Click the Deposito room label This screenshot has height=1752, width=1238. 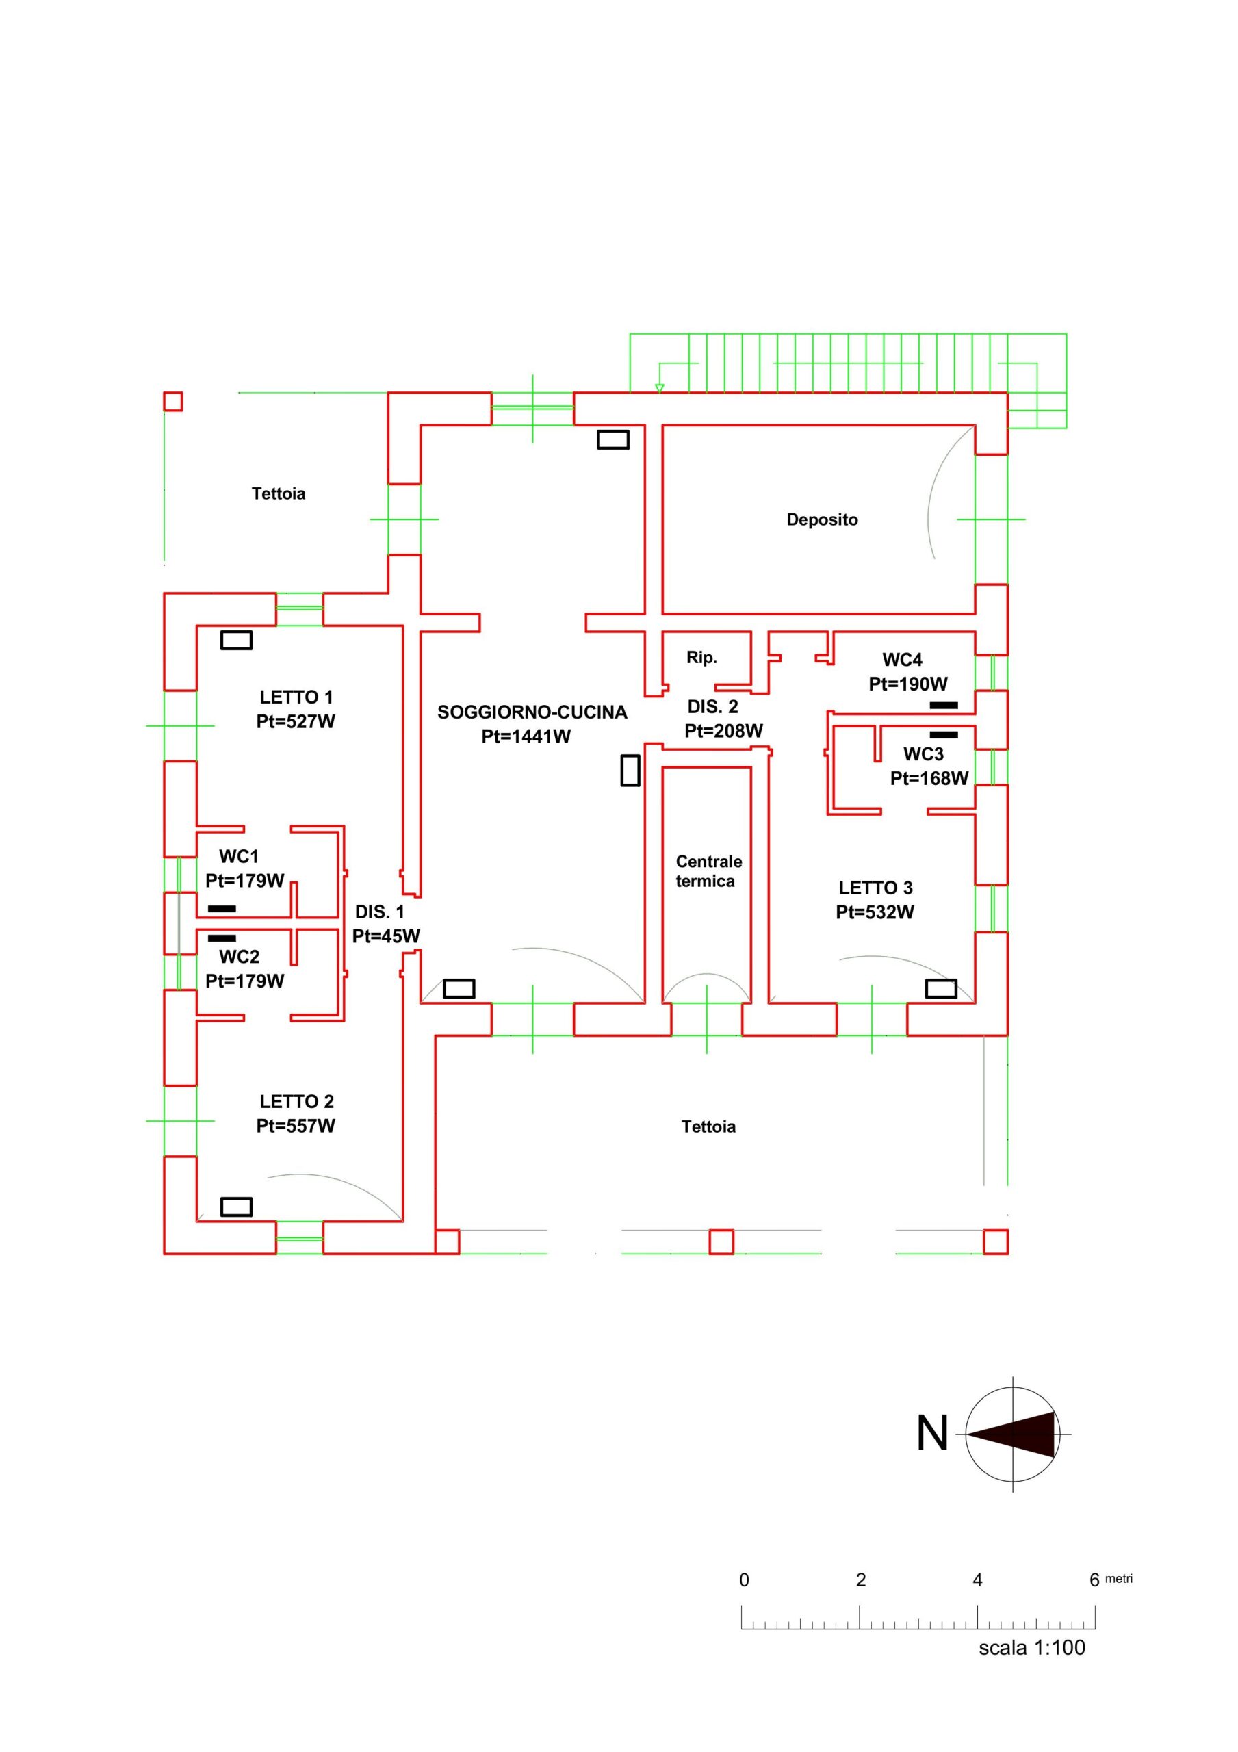tap(821, 519)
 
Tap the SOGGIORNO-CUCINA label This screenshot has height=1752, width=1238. tap(532, 712)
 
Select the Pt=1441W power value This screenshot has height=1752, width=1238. tap(526, 736)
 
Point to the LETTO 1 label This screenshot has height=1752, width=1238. tap(296, 697)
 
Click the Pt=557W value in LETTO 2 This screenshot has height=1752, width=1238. tap(296, 1126)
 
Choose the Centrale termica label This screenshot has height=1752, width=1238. tap(708, 871)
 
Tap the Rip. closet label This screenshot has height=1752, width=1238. tap(701, 658)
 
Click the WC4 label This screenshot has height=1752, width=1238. tap(902, 659)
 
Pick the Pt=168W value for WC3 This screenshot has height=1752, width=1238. tap(929, 778)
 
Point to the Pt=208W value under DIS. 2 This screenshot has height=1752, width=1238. tap(723, 731)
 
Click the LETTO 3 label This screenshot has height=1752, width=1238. tap(875, 888)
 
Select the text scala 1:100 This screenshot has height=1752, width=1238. tap(1031, 1647)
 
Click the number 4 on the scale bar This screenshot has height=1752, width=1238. tap(977, 1580)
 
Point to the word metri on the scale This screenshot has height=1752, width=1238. tap(1118, 1578)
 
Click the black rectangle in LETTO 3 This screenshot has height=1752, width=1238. tap(940, 988)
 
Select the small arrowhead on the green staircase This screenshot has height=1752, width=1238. tap(660, 387)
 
